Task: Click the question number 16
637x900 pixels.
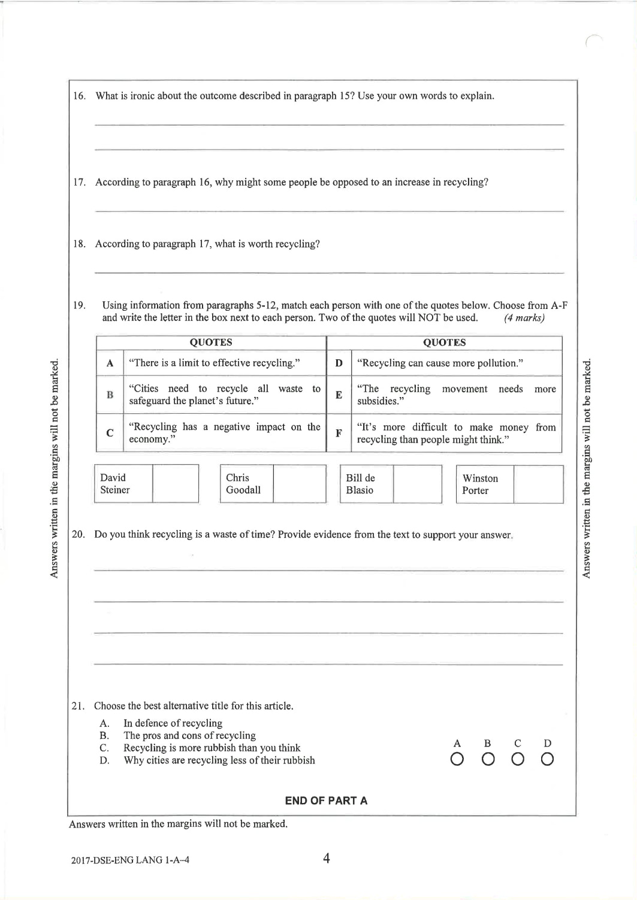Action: point(79,96)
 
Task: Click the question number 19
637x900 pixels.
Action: point(79,305)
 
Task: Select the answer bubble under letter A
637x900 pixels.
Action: point(457,760)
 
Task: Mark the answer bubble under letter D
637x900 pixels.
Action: point(547,760)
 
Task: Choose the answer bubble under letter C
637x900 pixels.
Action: point(517,760)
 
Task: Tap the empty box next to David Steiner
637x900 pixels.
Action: point(176,483)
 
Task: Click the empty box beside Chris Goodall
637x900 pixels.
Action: point(299,483)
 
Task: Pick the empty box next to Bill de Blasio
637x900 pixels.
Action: point(417,483)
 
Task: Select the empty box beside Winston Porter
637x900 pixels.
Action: point(538,484)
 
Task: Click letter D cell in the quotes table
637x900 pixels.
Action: point(339,363)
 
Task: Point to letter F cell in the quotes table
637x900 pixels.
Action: point(339,433)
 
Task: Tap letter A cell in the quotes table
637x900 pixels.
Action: point(110,363)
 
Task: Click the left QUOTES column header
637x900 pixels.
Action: point(211,343)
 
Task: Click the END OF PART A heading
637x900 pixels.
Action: point(326,801)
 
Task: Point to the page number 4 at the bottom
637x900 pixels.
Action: point(327,859)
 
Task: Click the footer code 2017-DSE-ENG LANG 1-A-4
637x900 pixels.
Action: point(134,860)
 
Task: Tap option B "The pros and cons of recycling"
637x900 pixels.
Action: point(189,735)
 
